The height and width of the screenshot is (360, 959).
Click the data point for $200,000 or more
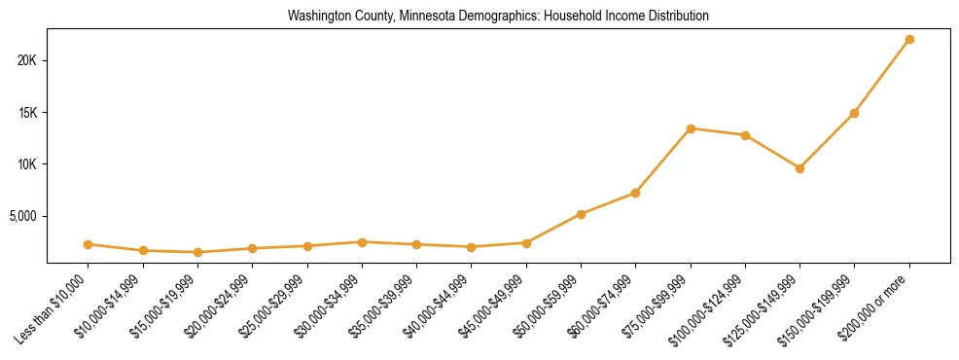(909, 39)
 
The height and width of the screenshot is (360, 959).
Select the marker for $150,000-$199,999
(854, 113)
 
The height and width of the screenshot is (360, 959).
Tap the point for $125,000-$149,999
(799, 168)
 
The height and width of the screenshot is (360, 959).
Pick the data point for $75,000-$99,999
(691, 128)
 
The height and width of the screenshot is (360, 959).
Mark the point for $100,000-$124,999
(745, 135)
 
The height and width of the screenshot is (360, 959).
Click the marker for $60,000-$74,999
(635, 193)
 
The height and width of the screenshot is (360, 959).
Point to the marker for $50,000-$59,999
(581, 214)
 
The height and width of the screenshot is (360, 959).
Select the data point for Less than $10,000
(89, 244)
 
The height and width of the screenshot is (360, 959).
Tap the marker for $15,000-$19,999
(197, 252)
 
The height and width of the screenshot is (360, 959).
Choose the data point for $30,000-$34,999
(362, 242)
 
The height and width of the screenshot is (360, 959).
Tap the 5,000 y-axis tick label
(20, 215)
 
